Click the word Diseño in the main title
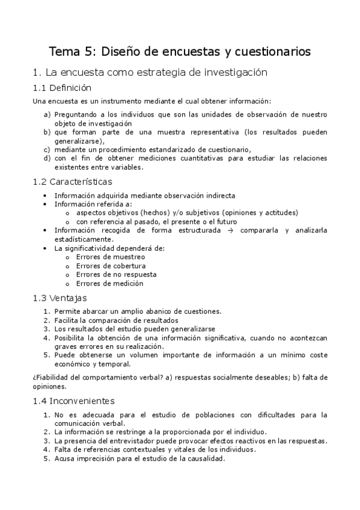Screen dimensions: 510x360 tap(120, 52)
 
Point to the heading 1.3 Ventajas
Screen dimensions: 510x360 tap(60, 297)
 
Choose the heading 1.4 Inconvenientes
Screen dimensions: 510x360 tap(75, 401)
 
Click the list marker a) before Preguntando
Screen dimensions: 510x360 tap(47, 113)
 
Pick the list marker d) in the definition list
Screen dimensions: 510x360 tap(47, 158)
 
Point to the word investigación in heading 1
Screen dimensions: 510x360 tap(232, 72)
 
